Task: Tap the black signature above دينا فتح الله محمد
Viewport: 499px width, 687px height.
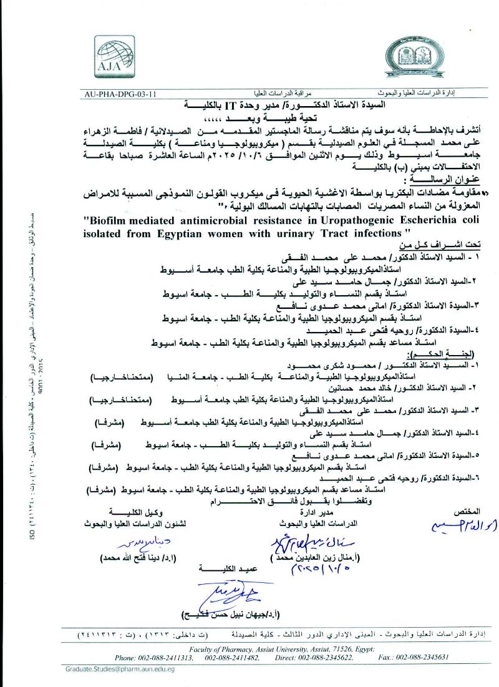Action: click(x=146, y=539)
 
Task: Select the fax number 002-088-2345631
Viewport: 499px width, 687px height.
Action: click(x=412, y=657)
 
